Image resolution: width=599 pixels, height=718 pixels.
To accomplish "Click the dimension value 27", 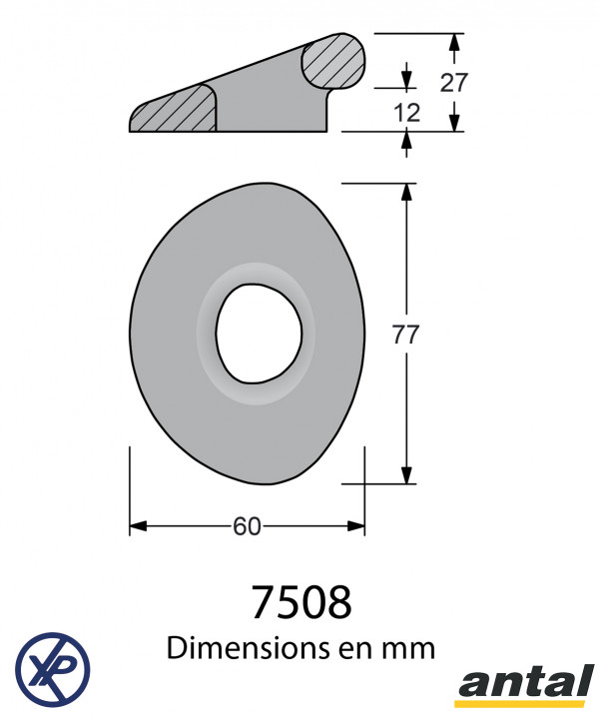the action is pos(453,83).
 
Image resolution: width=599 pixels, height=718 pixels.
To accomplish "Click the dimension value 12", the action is pos(406,113).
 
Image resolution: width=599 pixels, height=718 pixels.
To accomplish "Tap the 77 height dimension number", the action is pos(405,335).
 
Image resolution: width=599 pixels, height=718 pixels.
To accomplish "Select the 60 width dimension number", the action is pos(247,526).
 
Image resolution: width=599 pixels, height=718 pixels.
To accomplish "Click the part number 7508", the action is pos(301,601).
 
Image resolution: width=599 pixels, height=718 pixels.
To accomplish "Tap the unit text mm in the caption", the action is pos(411,650).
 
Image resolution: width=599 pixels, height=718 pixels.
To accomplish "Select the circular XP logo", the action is pos(53,669).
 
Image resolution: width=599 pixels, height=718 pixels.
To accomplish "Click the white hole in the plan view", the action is pos(259,334).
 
